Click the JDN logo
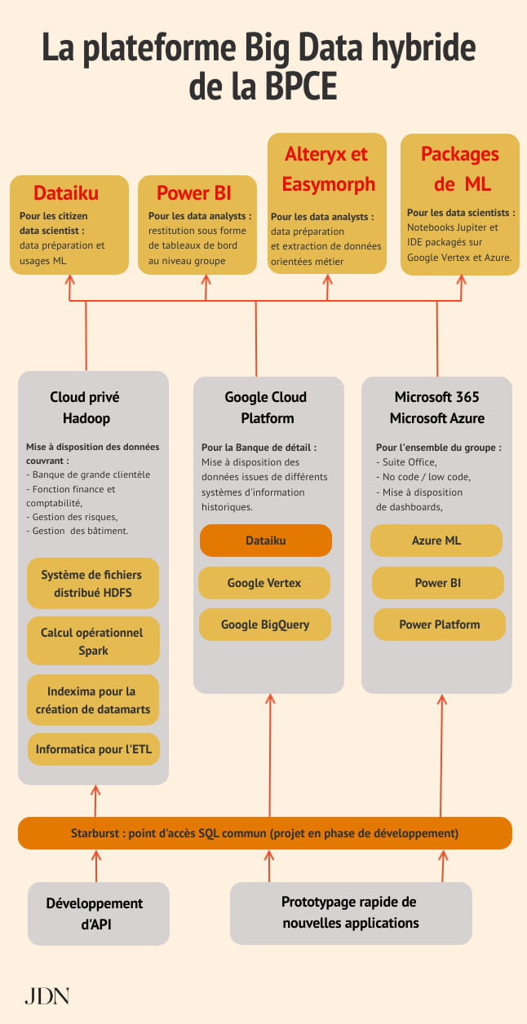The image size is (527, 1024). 47,996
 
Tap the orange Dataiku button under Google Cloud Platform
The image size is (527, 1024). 266,541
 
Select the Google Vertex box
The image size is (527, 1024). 264,583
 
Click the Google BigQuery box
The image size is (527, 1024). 265,625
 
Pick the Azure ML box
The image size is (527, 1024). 436,541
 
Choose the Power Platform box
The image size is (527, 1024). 440,625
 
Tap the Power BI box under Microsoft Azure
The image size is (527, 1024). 438,583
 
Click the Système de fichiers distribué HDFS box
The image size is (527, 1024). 93,583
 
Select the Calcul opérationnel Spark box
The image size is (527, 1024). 93,641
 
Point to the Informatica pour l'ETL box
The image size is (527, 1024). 94,749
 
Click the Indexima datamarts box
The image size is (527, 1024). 93,700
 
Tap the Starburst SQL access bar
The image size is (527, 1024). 265,833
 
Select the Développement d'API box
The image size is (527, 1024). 99,913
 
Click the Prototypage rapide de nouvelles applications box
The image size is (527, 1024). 351,913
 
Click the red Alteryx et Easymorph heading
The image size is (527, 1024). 328,169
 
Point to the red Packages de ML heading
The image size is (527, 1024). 460,169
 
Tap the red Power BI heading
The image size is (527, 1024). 194,193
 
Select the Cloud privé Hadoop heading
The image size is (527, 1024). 86,408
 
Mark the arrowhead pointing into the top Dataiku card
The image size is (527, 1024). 69,279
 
